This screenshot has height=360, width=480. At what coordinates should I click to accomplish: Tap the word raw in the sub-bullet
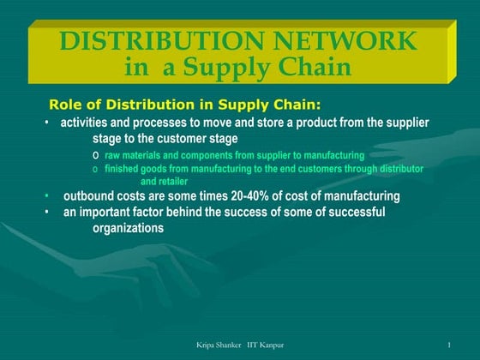[x=112, y=155]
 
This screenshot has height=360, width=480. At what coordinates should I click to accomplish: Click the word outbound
[x=90, y=196]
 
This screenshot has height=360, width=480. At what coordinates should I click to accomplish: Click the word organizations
[x=128, y=228]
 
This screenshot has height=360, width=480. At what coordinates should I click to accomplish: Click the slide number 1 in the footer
[x=449, y=345]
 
